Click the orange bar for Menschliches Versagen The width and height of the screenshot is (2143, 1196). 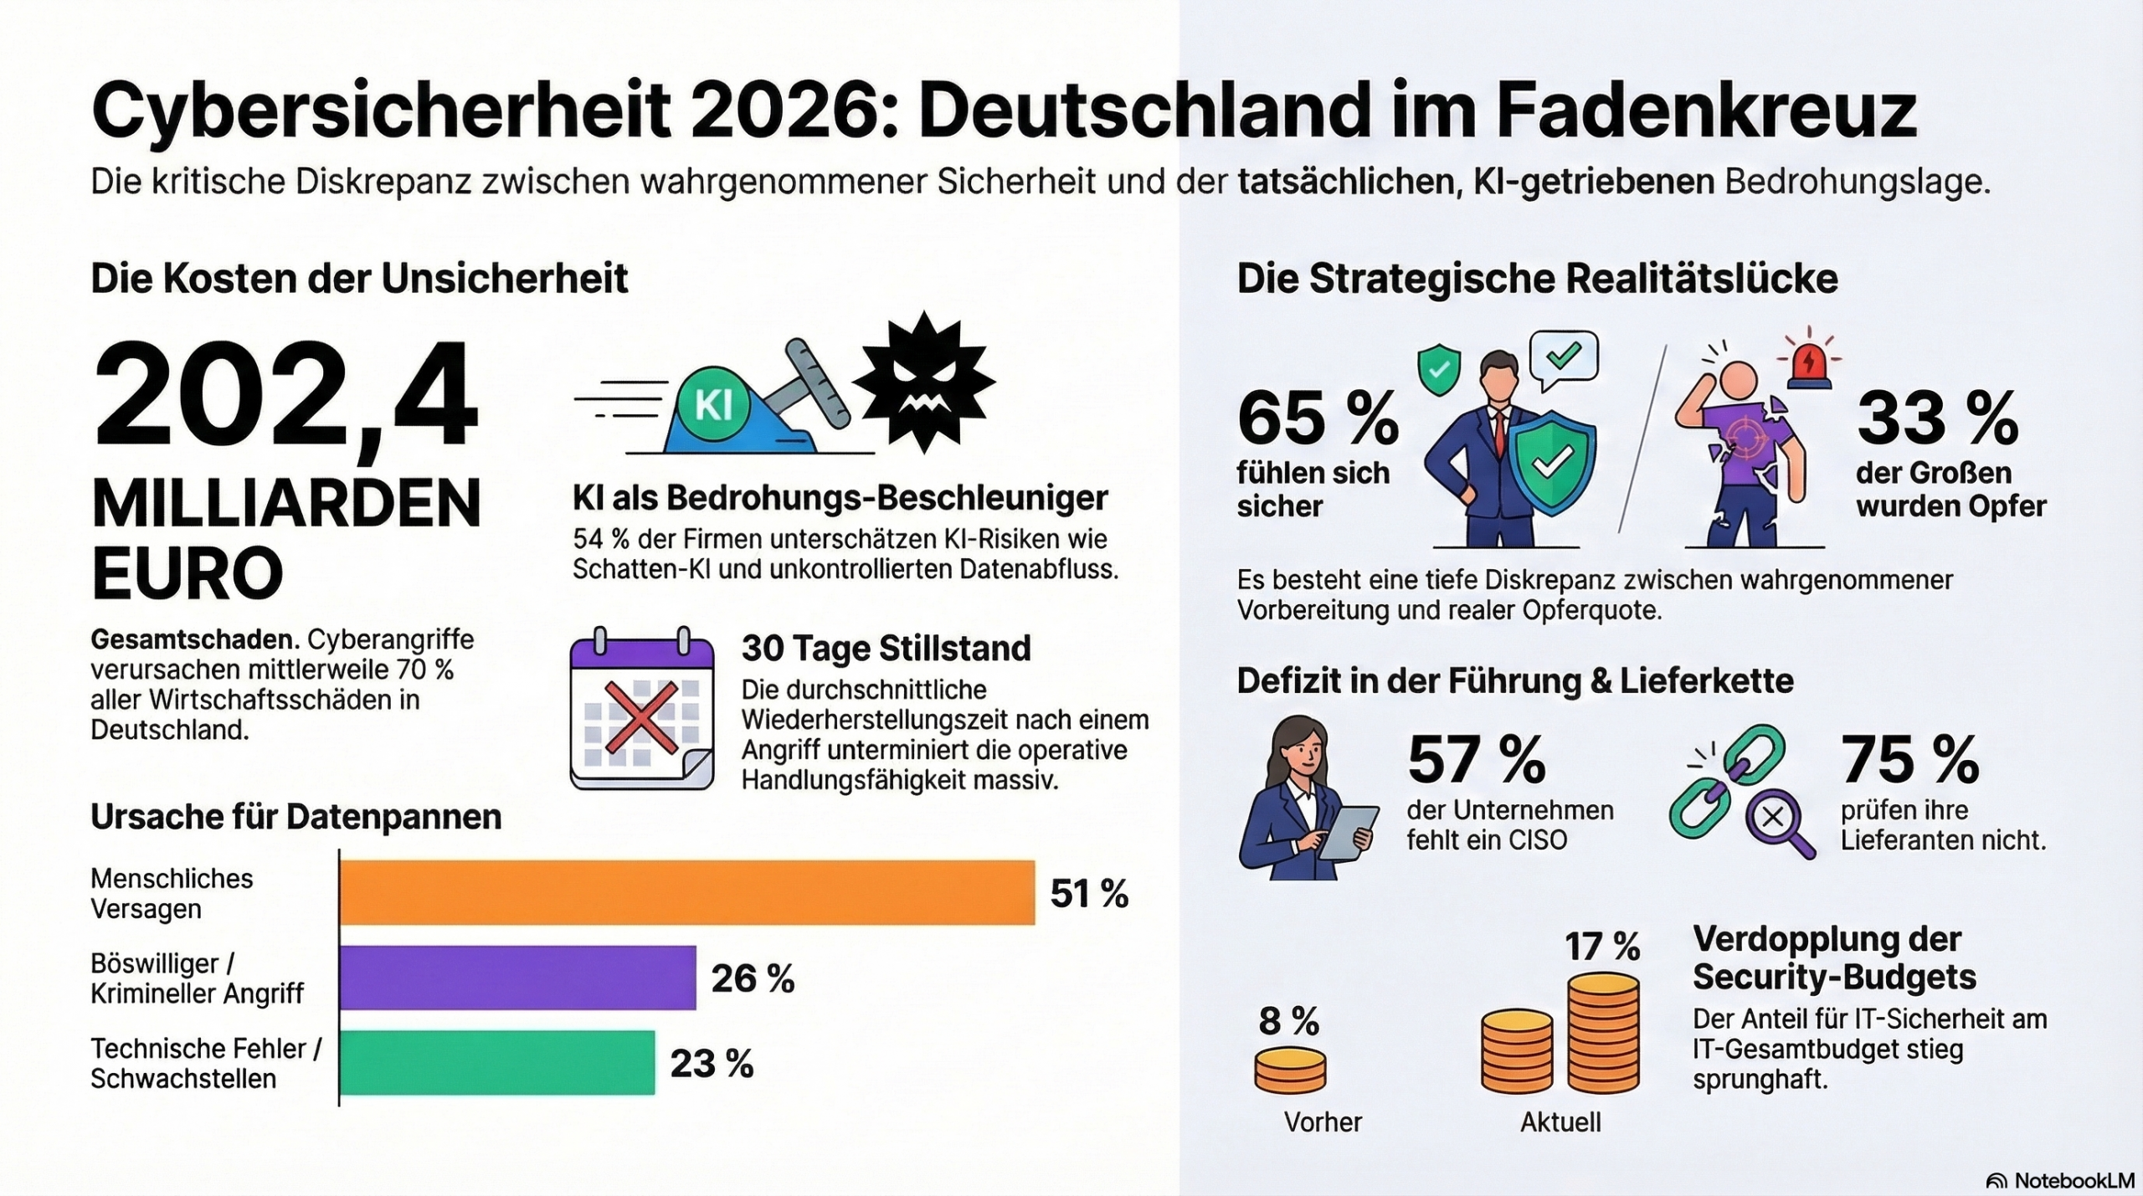coord(686,892)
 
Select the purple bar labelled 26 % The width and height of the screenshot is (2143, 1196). coord(517,978)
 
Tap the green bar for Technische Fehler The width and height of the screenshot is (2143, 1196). coord(497,1062)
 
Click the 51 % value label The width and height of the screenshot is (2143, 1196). coord(1089,894)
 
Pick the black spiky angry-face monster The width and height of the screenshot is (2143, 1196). coord(923,383)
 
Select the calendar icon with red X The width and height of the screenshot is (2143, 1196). coord(642,708)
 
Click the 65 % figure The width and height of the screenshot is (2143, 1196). coord(1318,418)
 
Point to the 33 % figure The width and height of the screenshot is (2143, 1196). coord(1937,418)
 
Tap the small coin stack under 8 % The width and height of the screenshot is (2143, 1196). coord(1290,1070)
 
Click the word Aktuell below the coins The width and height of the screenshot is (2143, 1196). coord(1560,1122)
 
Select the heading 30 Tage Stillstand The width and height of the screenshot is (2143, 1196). coord(886,649)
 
